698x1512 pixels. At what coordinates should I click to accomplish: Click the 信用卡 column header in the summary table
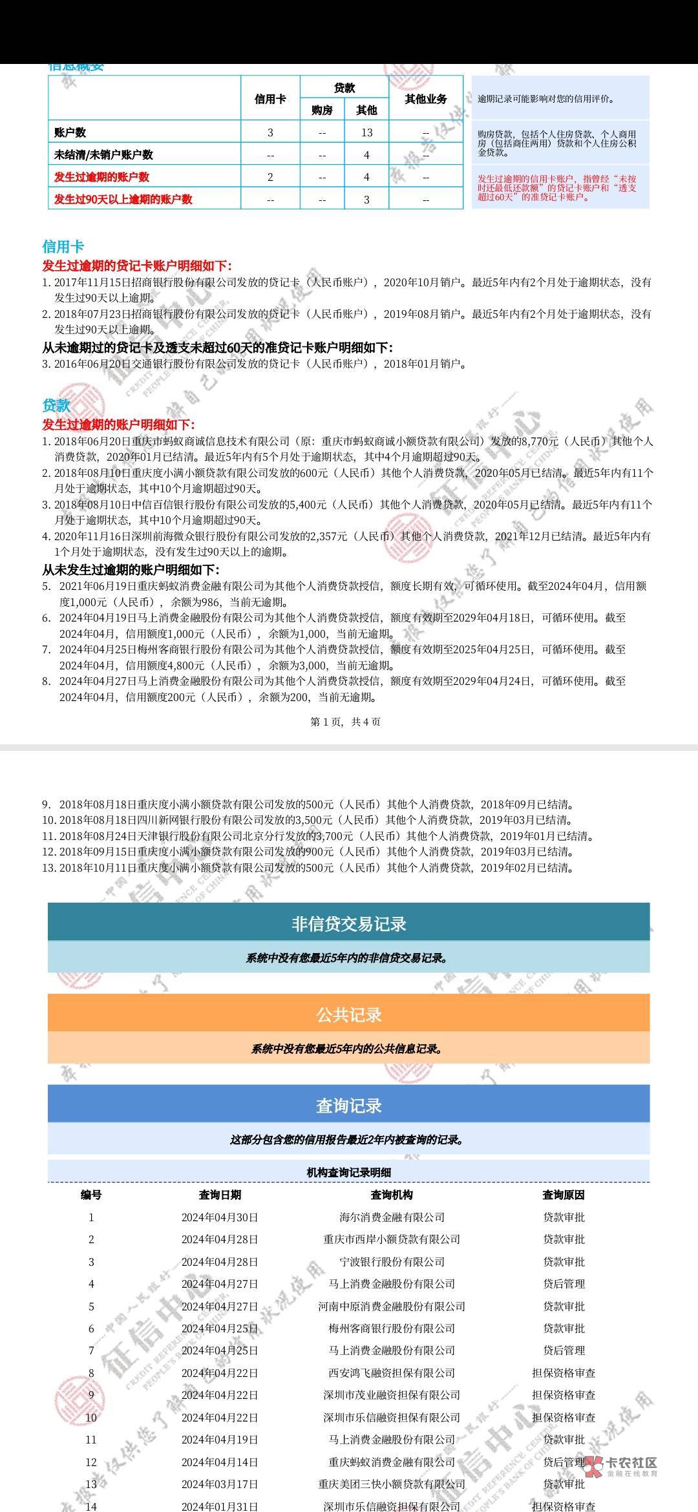coord(270,99)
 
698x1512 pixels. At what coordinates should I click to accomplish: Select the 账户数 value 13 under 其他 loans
coord(366,132)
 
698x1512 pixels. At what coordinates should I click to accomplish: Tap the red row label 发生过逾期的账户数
coord(101,177)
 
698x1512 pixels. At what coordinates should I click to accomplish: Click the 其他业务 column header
coord(426,99)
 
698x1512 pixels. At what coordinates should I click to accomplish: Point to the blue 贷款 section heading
coord(56,405)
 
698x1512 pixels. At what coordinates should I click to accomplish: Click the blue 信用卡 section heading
coord(63,246)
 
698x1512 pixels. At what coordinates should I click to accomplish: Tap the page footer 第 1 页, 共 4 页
coord(346,722)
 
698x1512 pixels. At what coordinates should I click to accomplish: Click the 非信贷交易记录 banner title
coord(348,924)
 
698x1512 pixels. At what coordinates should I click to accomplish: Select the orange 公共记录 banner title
coord(348,1015)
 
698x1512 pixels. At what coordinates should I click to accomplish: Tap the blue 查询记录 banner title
coord(348,1106)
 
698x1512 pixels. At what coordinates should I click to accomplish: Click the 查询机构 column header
coord(392,1195)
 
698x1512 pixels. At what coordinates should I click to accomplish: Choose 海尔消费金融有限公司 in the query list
coord(392,1217)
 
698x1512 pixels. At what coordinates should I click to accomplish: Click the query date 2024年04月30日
coord(220,1217)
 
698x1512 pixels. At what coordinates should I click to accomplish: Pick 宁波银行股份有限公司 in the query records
coord(392,1261)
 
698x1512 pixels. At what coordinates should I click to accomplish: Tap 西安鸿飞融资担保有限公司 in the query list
coord(392,1372)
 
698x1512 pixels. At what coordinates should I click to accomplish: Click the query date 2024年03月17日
coord(220,1484)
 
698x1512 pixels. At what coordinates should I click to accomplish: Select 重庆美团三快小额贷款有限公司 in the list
coord(392,1484)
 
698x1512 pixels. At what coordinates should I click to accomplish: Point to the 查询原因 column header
coord(564,1195)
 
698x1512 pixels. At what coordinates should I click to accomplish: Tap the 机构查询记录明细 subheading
coord(348,1172)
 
